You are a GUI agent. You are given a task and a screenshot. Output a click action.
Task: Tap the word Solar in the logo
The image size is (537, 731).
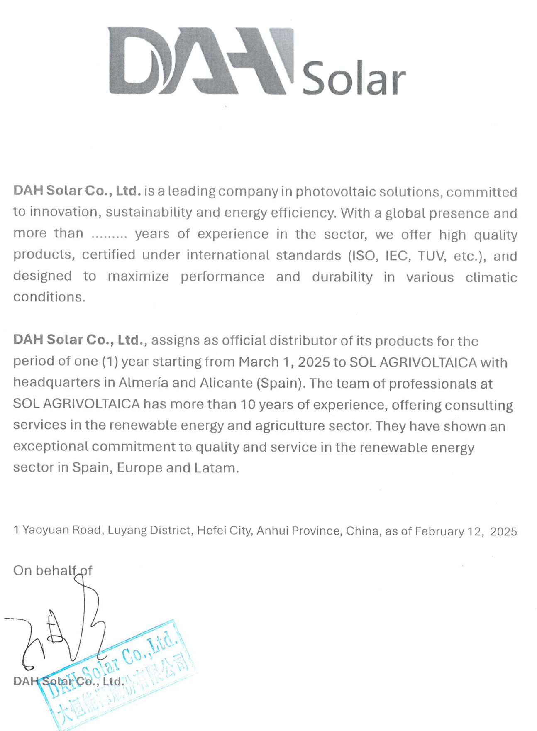[354, 78]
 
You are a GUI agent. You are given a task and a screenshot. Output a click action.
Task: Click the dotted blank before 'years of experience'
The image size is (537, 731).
[109, 235]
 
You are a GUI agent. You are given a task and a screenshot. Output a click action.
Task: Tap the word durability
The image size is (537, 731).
[342, 277]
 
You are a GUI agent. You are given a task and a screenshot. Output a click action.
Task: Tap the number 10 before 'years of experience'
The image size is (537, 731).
[247, 404]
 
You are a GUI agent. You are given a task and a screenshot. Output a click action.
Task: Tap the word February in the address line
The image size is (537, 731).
[439, 531]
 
